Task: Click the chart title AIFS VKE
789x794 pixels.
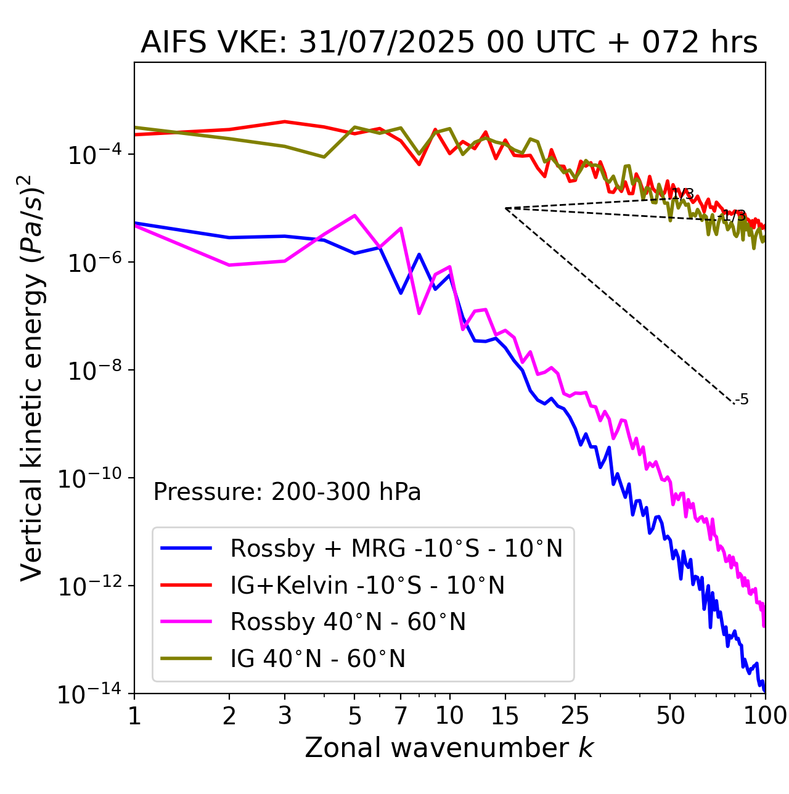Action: coord(449,43)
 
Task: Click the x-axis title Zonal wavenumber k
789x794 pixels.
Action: coord(449,747)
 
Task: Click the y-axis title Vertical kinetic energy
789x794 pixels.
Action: coord(32,377)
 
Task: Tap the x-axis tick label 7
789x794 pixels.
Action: coord(401,716)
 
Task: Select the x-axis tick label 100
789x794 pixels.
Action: coord(764,716)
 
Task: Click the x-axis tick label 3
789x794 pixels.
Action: coord(285,716)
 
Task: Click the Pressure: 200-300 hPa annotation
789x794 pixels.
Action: coord(287,492)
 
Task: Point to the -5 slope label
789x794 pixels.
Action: coord(743,400)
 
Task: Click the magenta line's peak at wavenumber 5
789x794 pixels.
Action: coord(354,215)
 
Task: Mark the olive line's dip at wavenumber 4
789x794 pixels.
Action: coord(324,157)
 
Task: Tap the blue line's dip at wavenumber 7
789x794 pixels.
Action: coord(401,293)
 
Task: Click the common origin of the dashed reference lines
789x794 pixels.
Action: coord(505,208)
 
